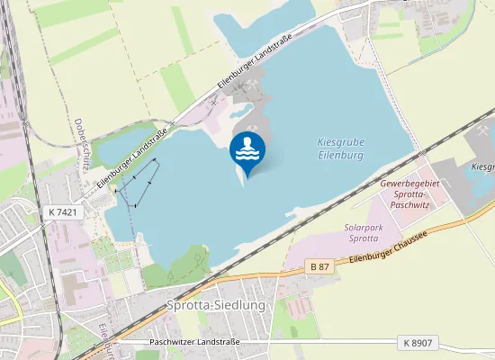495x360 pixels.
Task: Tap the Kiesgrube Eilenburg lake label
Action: (340, 148)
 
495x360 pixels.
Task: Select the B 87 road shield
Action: (319, 266)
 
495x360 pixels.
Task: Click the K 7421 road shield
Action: (61, 211)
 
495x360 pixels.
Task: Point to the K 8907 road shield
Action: (417, 343)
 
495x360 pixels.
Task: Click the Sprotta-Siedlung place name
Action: (216, 305)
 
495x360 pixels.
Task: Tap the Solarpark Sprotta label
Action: (363, 234)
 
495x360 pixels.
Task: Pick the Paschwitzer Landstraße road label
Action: (194, 343)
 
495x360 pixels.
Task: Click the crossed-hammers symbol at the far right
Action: (484, 131)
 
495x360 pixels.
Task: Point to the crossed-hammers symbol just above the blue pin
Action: (255, 126)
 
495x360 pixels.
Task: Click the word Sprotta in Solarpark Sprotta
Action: (363, 240)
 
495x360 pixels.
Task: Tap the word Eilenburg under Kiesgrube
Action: (340, 156)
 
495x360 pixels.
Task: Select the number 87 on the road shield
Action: (323, 266)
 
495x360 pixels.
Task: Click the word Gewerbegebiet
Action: (409, 183)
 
